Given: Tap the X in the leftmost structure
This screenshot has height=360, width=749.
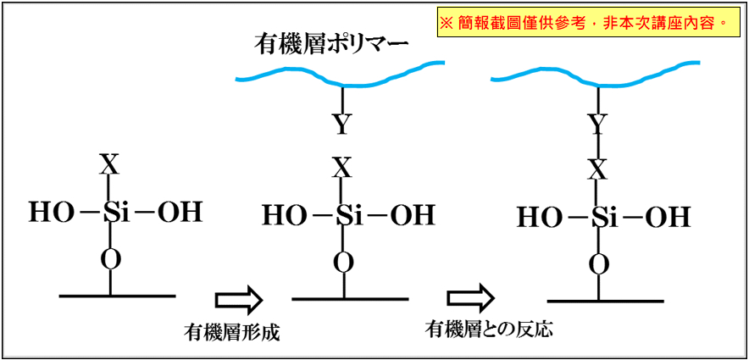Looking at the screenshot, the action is pyautogui.click(x=110, y=165).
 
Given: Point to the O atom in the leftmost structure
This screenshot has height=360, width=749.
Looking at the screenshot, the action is pyautogui.click(x=110, y=260).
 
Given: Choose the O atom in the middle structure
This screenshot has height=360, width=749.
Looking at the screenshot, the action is pyautogui.click(x=343, y=263).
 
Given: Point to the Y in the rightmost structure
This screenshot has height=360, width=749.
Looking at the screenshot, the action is pyautogui.click(x=598, y=125).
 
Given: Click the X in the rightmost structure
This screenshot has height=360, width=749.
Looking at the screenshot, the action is pyautogui.click(x=598, y=170).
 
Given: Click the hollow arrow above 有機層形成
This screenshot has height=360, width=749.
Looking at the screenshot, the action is pyautogui.click(x=239, y=299).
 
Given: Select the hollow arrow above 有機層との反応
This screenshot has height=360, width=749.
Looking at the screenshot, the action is pyautogui.click(x=471, y=296).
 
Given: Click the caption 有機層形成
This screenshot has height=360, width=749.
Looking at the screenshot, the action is pyautogui.click(x=231, y=332).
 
